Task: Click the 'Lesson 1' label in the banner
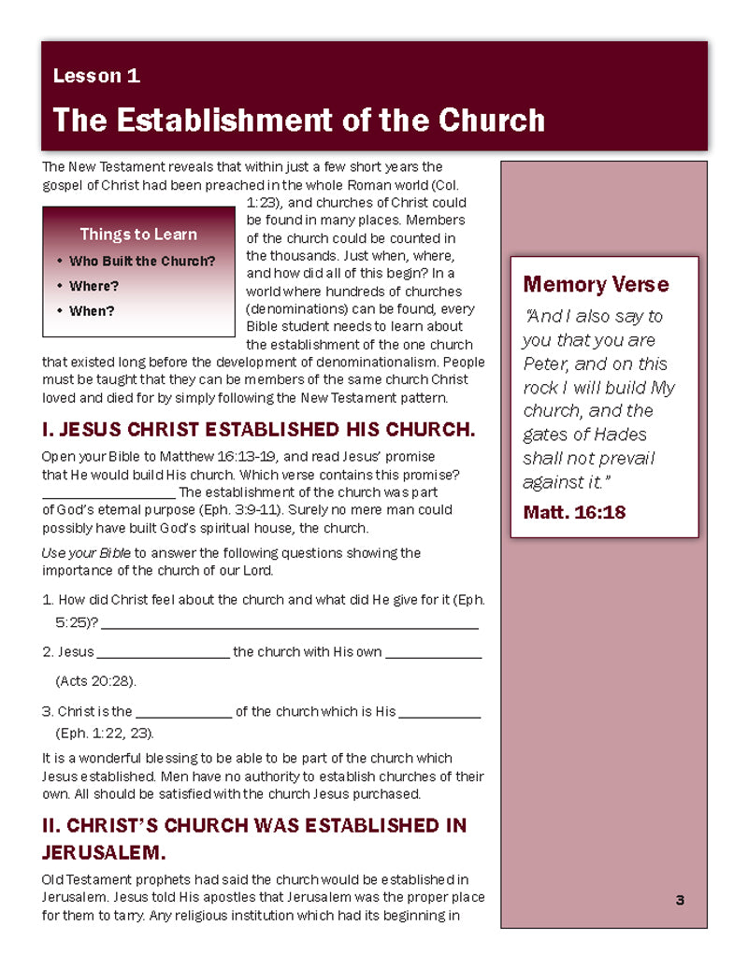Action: click(96, 77)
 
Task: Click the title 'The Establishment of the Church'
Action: click(298, 120)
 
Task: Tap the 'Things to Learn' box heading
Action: click(138, 235)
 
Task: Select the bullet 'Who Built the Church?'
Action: click(141, 262)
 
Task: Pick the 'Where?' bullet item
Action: click(93, 286)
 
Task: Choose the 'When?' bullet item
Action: click(92, 310)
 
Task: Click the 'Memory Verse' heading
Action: click(596, 284)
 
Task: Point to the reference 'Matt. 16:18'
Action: click(574, 512)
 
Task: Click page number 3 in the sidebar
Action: click(680, 900)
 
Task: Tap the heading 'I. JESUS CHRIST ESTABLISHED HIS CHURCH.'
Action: click(258, 431)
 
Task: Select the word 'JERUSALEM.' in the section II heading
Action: click(103, 852)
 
